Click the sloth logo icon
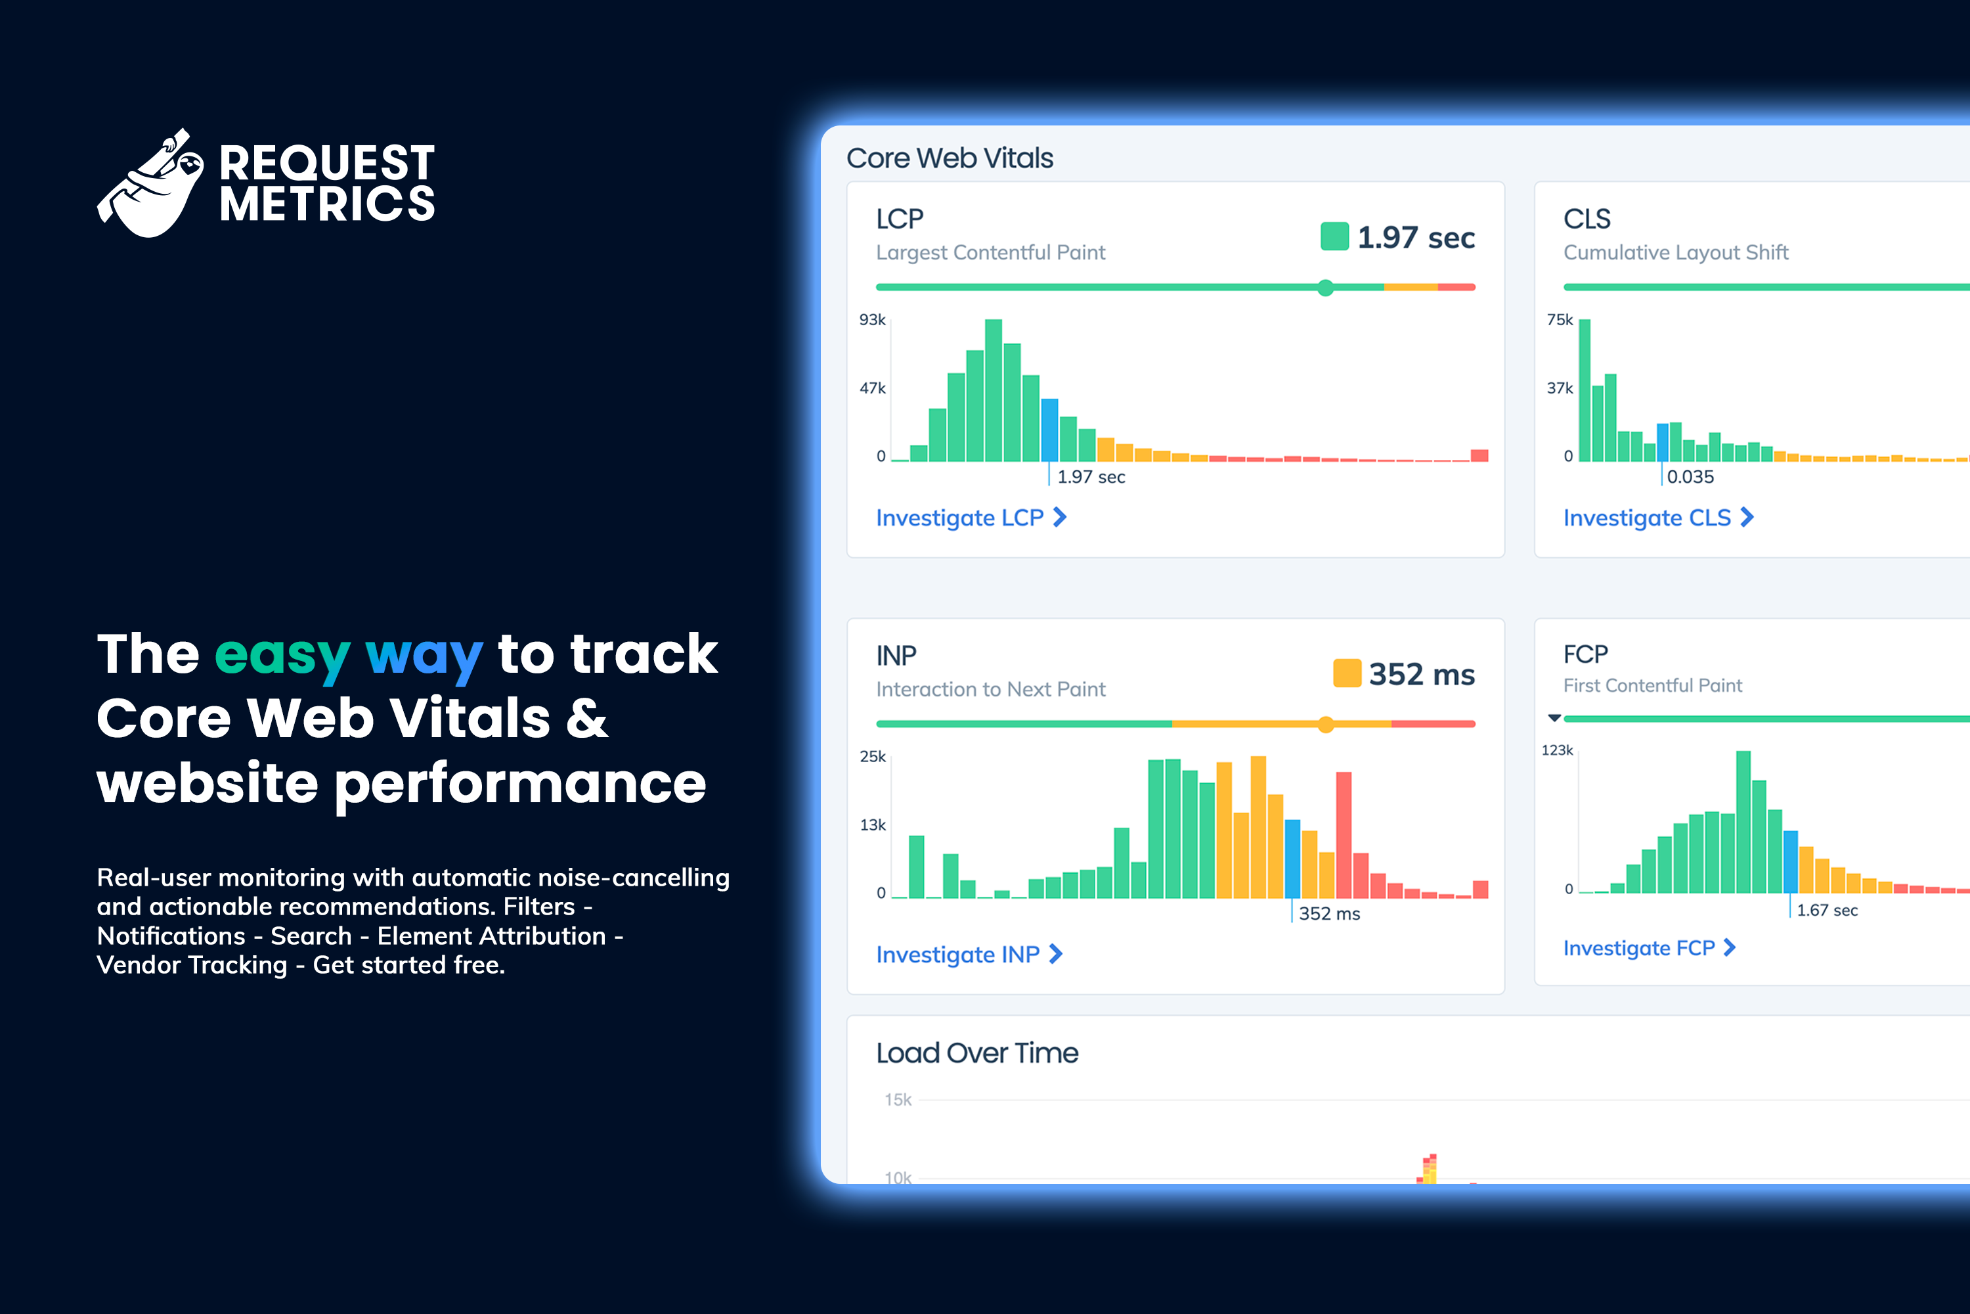[x=152, y=185]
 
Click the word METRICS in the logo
[x=326, y=204]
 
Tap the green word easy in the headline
[x=282, y=654]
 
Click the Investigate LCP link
[x=970, y=518]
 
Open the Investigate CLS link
[x=1657, y=518]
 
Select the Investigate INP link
[x=968, y=955]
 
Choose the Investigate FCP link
[x=1648, y=948]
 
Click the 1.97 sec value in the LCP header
[x=1416, y=238]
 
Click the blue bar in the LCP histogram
[x=1049, y=429]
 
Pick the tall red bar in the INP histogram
[x=1344, y=834]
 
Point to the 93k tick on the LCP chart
[x=872, y=320]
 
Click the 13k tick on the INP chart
[x=872, y=825]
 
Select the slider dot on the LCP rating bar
[x=1325, y=288]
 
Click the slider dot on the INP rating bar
[x=1325, y=725]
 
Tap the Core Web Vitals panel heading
[x=949, y=158]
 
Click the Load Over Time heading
[x=976, y=1053]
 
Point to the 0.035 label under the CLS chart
[x=1690, y=477]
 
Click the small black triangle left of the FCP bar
[x=1554, y=718]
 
